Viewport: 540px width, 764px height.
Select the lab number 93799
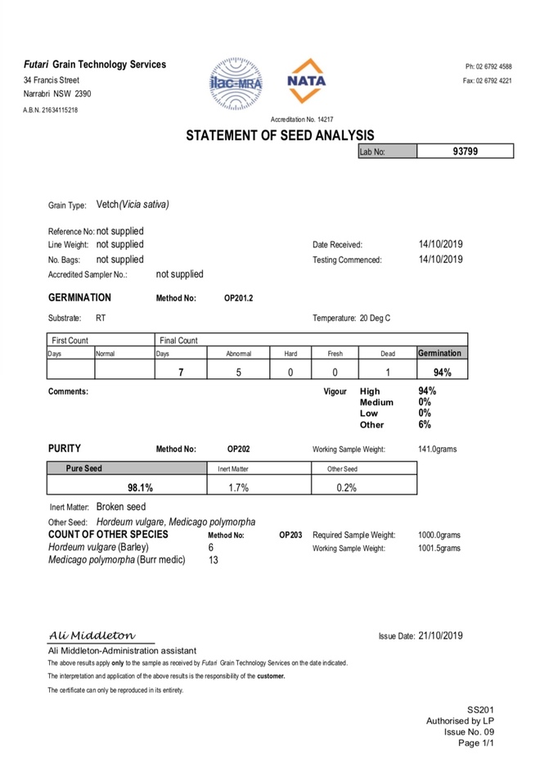tap(465, 151)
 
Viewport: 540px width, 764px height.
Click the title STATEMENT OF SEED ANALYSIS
tap(280, 135)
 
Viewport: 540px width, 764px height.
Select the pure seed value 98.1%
tap(140, 487)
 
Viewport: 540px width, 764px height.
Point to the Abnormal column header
tap(238, 354)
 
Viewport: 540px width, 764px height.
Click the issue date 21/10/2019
tap(440, 635)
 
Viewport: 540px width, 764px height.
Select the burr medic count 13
tap(214, 561)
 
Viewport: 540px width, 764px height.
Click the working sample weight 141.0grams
tap(439, 449)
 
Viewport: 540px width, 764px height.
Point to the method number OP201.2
tap(238, 298)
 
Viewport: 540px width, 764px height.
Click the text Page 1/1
tap(475, 744)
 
